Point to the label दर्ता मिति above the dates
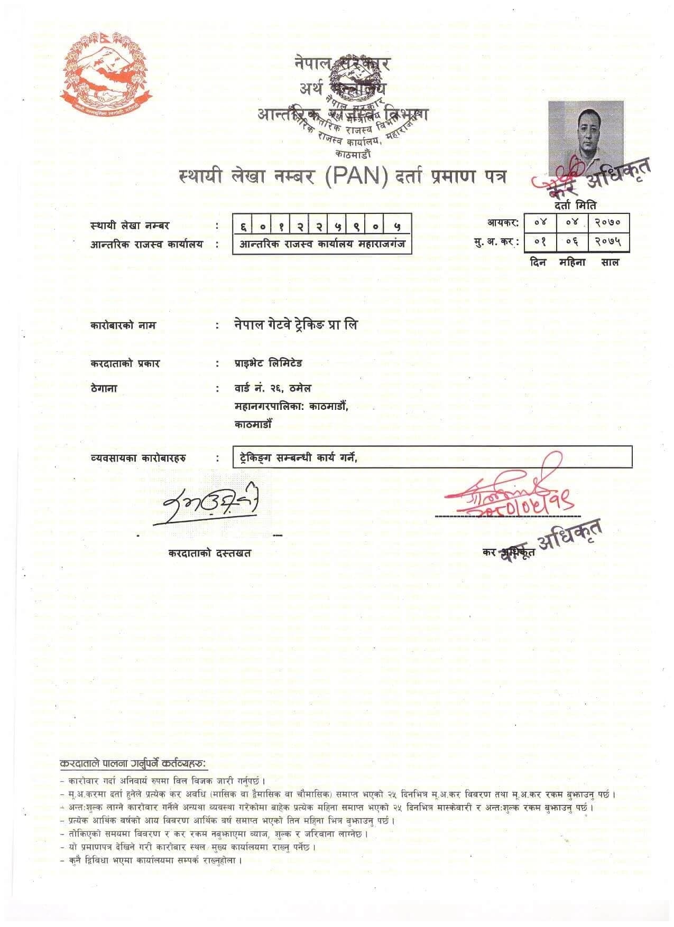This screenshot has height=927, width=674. [x=575, y=205]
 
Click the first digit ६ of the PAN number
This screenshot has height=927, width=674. [x=243, y=227]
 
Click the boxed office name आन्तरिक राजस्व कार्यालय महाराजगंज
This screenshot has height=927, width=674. [x=322, y=245]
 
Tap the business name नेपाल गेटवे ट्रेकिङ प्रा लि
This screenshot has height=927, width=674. [x=296, y=325]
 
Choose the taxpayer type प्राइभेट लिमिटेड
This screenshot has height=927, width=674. [x=268, y=363]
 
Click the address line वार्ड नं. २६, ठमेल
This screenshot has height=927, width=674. [x=273, y=388]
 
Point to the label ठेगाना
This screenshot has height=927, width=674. [x=104, y=388]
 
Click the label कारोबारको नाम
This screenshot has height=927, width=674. [x=123, y=325]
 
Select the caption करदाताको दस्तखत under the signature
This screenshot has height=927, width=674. [x=210, y=553]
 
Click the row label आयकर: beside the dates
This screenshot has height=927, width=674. [x=503, y=223]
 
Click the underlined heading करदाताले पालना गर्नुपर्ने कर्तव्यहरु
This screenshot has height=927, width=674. [x=133, y=764]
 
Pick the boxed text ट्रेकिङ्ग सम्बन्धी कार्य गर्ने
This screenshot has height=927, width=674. [x=296, y=457]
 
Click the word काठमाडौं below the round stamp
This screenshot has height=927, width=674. [x=353, y=154]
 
